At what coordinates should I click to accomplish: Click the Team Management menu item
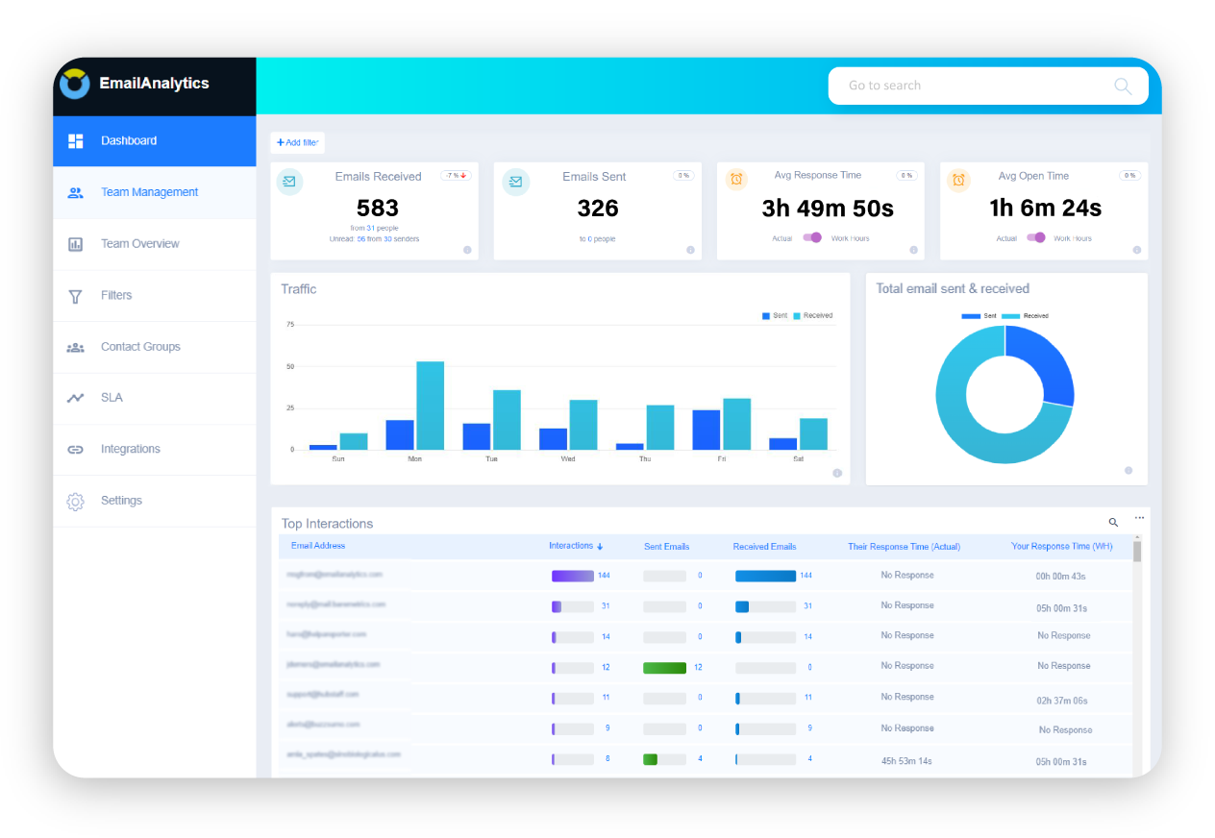pyautogui.click(x=149, y=192)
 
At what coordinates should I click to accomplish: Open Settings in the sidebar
pyautogui.click(x=121, y=501)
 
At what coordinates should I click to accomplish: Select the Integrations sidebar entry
pyautogui.click(x=130, y=449)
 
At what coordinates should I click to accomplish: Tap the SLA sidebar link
pyautogui.click(x=112, y=398)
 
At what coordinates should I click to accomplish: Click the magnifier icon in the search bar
pyautogui.click(x=1122, y=86)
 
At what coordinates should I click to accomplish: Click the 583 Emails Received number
pyautogui.click(x=377, y=208)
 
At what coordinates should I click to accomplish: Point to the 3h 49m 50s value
pyautogui.click(x=827, y=208)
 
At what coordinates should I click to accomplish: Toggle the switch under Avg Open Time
pyautogui.click(x=1035, y=237)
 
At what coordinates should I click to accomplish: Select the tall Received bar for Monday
pyautogui.click(x=430, y=406)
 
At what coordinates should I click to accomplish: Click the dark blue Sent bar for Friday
pyautogui.click(x=706, y=430)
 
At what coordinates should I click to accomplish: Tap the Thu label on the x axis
pyautogui.click(x=645, y=459)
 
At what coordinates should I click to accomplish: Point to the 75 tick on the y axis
pyautogui.click(x=290, y=325)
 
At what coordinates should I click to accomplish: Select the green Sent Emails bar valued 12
pyautogui.click(x=664, y=667)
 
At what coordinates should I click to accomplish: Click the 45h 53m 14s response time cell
pyautogui.click(x=906, y=761)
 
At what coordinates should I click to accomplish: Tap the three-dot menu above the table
pyautogui.click(x=1139, y=518)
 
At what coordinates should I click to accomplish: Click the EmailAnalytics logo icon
pyautogui.click(x=75, y=84)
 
